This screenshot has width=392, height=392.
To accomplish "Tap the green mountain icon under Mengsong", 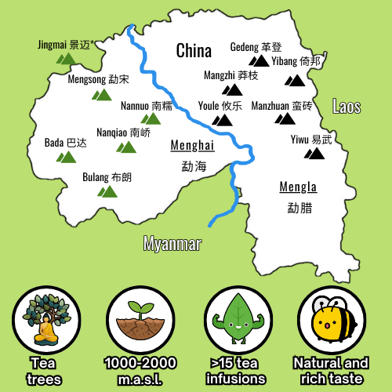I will tap(102, 94).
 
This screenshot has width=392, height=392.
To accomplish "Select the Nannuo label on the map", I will tap(140, 106).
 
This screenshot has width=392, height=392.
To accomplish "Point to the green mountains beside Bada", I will tap(66, 156).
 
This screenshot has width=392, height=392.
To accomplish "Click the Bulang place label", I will tap(107, 177).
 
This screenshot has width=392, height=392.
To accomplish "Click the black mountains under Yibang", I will tap(296, 79).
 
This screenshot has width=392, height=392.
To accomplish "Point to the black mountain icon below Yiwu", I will tap(314, 153).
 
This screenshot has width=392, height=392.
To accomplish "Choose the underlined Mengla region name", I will tap(298, 187).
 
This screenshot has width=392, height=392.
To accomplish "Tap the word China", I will tap(194, 52).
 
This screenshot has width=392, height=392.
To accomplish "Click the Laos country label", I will tap(347, 107).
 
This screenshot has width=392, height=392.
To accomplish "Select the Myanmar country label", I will tap(172, 244).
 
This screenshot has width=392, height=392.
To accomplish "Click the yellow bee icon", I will tap(329, 320).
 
